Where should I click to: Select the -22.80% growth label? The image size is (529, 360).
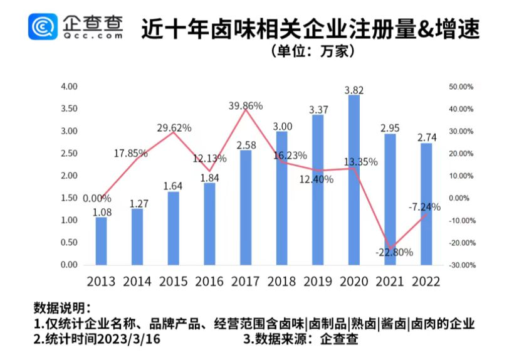[394, 253]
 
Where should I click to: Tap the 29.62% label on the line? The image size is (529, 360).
[173, 128]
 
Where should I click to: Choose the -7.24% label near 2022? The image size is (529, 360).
[424, 206]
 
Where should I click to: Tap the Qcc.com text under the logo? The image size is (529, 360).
[93, 36]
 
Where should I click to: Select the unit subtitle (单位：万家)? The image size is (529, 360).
[313, 51]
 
